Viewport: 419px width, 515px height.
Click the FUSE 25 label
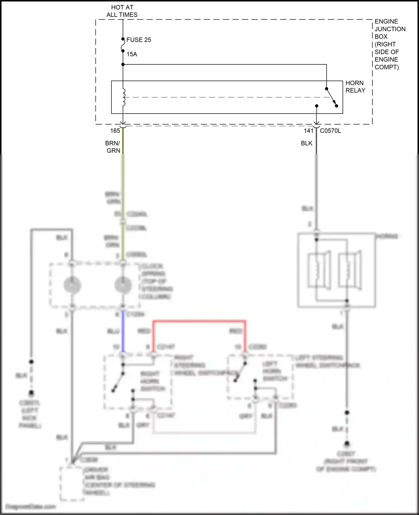click(139, 40)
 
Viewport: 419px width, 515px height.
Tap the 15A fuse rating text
click(132, 54)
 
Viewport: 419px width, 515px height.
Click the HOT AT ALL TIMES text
click(122, 11)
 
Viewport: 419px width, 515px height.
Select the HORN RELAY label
click(355, 87)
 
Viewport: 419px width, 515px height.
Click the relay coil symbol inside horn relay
click(123, 98)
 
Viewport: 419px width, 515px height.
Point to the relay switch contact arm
click(332, 97)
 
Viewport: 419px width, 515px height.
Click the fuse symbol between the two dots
click(123, 45)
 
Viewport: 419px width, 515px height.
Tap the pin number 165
click(115, 131)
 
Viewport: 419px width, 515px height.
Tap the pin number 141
click(308, 131)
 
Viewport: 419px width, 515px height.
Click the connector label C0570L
click(330, 131)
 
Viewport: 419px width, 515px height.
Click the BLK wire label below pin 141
click(306, 143)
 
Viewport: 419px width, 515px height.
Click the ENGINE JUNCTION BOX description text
click(389, 44)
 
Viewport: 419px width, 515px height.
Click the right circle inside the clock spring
click(123, 285)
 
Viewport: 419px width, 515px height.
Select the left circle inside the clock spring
click(72, 285)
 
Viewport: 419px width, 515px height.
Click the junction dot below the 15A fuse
click(123, 64)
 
